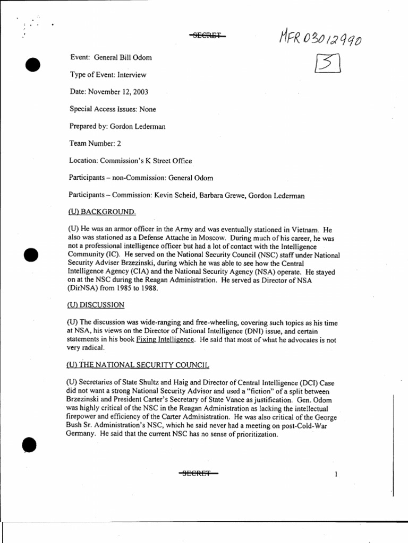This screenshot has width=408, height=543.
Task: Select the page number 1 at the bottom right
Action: pyautogui.click(x=336, y=474)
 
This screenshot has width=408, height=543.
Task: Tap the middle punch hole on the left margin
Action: pyautogui.click(x=31, y=255)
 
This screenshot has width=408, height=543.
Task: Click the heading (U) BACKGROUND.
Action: pyautogui.click(x=101, y=212)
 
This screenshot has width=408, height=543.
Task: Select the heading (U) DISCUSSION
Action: pyautogui.click(x=96, y=304)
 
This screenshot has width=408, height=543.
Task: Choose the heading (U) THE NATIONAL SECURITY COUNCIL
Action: pyautogui.click(x=138, y=365)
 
